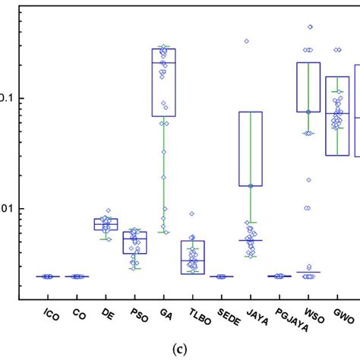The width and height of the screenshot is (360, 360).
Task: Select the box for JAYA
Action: coord(250,148)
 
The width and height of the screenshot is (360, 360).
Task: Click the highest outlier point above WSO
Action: coord(310,27)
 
